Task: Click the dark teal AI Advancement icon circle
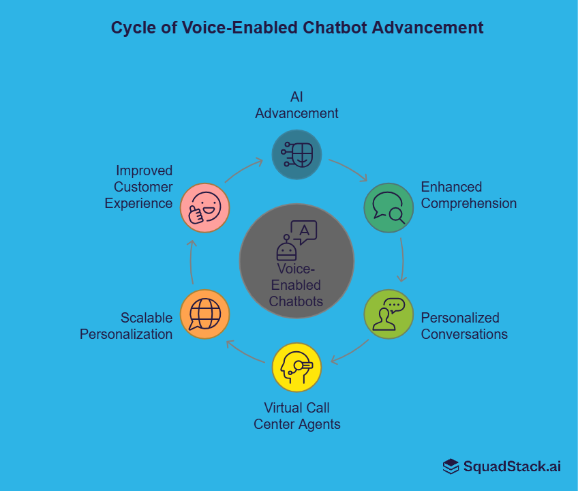click(296, 155)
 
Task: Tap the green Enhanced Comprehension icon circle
click(389, 208)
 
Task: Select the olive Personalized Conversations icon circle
click(389, 314)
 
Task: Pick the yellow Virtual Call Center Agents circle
click(296, 368)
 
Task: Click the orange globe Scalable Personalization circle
click(204, 314)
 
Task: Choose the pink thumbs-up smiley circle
click(204, 208)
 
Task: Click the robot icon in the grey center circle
click(286, 247)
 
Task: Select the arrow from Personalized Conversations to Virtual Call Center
click(349, 352)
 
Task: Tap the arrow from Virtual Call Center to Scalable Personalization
click(244, 352)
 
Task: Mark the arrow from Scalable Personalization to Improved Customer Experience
click(192, 261)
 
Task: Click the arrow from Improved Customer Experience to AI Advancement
click(244, 170)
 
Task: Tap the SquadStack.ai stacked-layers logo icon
click(451, 466)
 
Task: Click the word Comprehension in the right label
click(469, 203)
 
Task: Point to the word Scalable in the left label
click(147, 318)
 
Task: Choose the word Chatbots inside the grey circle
click(296, 301)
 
